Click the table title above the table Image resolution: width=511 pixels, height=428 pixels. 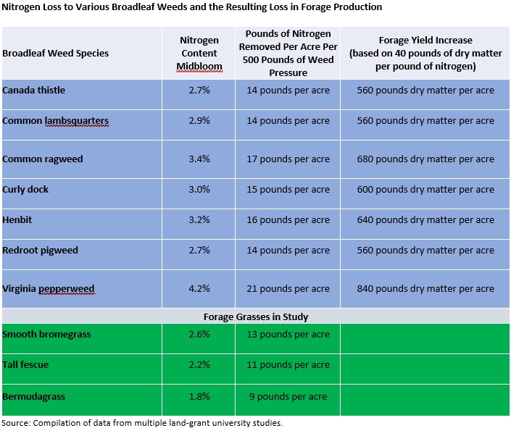pyautogui.click(x=191, y=7)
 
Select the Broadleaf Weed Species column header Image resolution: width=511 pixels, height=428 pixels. pyautogui.click(x=55, y=53)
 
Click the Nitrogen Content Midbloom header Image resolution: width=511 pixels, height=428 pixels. pyautogui.click(x=199, y=53)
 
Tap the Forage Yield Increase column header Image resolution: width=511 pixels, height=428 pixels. pyautogui.click(x=425, y=53)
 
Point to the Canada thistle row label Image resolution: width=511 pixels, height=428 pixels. pyautogui.click(x=33, y=90)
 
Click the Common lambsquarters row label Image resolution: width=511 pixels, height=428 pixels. pyautogui.click(x=55, y=121)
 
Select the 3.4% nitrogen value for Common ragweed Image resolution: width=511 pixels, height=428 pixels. pyautogui.click(x=199, y=159)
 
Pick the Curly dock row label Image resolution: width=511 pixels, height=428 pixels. pyautogui.click(x=25, y=189)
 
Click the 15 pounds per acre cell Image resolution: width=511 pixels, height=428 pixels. pyautogui.click(x=288, y=189)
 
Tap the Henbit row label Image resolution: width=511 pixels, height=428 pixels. pyautogui.click(x=17, y=219)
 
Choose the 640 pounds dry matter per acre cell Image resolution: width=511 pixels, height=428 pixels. pyautogui.click(x=425, y=220)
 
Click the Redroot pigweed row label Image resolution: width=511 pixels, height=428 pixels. pyautogui.click(x=40, y=250)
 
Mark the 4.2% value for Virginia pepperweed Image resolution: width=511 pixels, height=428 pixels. pyautogui.click(x=199, y=288)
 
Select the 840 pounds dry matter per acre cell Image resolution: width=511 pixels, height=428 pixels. pyautogui.click(x=425, y=288)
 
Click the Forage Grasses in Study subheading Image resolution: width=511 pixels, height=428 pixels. pyautogui.click(x=256, y=316)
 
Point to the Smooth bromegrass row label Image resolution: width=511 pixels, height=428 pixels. pyautogui.click(x=46, y=334)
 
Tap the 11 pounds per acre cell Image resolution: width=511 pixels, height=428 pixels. pyautogui.click(x=288, y=364)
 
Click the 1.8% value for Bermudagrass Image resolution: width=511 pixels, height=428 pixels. pyautogui.click(x=199, y=396)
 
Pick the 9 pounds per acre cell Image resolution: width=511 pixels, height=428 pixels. pyautogui.click(x=288, y=396)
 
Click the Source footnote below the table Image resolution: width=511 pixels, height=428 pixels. pyautogui.click(x=142, y=423)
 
